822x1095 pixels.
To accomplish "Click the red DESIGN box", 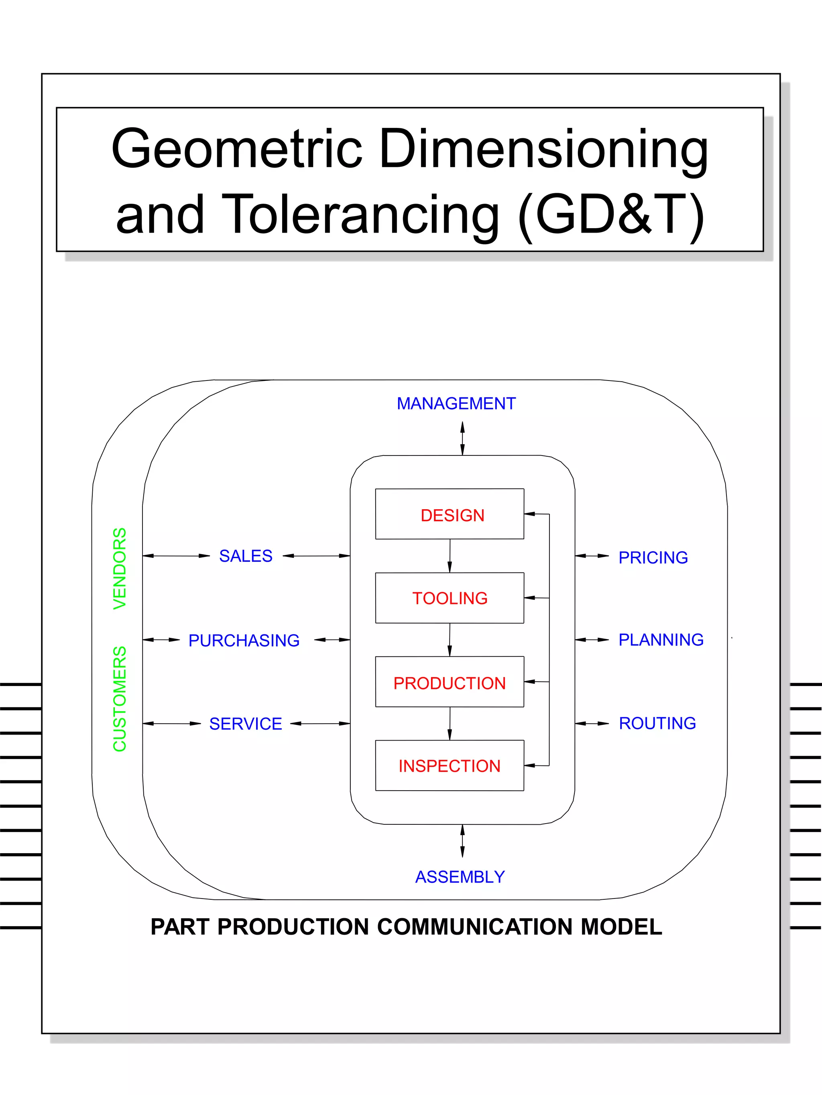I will [450, 514].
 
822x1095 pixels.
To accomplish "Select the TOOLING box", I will [450, 597].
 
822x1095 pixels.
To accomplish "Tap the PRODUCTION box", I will [450, 682].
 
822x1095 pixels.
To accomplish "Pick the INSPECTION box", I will [450, 765].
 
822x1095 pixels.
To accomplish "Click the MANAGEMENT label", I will [456, 403].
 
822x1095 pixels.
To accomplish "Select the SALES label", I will [246, 556].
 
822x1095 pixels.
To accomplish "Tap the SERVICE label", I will [246, 724].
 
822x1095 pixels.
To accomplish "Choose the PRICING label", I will [653, 557].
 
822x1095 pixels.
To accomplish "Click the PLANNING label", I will [661, 640].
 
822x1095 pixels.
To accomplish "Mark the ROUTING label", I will [657, 723].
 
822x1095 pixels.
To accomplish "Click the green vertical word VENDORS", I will [120, 568].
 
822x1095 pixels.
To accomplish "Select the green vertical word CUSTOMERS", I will [120, 699].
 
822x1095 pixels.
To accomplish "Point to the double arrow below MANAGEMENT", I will [462, 438].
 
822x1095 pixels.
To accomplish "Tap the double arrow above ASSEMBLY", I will [462, 841].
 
